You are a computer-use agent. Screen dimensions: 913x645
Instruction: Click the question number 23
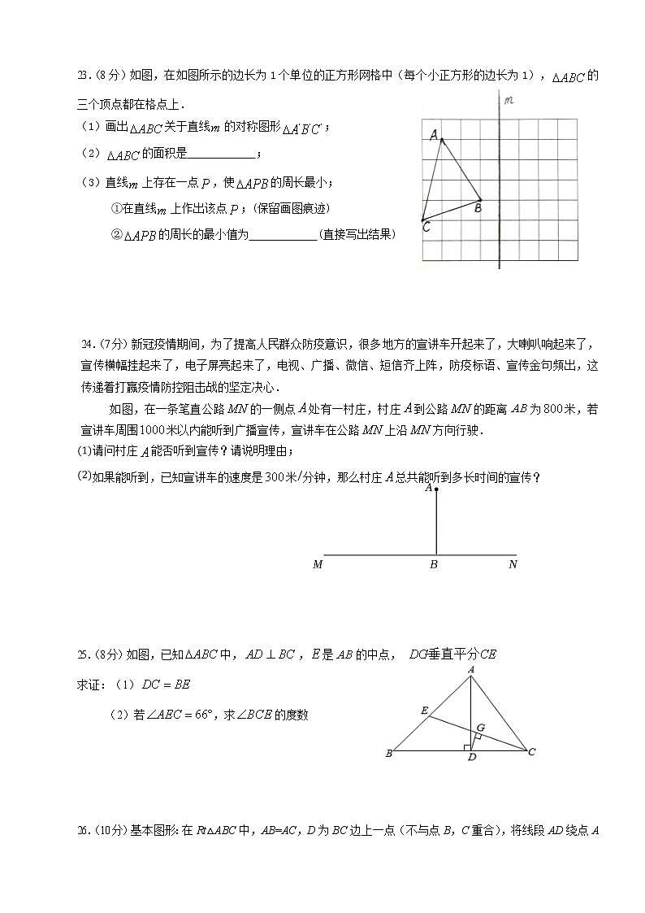[x=82, y=77]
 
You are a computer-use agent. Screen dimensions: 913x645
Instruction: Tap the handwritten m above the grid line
[x=509, y=101]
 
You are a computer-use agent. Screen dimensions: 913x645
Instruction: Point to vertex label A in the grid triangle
[x=434, y=135]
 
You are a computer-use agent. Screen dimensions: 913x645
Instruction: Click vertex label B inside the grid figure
[x=478, y=208]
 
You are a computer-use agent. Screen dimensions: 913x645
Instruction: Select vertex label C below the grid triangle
[x=426, y=228]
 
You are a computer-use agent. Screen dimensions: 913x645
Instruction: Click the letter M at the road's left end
[x=318, y=564]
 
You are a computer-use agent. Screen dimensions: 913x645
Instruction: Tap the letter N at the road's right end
[x=513, y=564]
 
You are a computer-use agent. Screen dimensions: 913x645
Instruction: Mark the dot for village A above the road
[x=436, y=490]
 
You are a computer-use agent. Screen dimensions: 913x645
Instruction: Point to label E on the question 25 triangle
[x=423, y=710]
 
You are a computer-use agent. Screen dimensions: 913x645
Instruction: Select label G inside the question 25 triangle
[x=481, y=726]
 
